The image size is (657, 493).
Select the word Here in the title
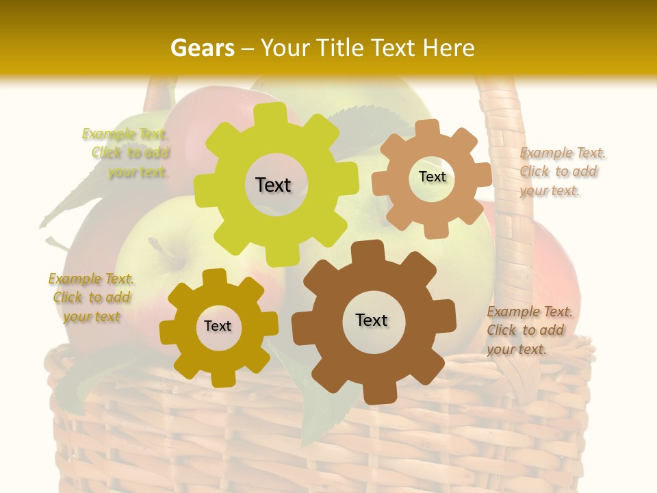tap(448, 48)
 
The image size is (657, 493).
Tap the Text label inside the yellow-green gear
tap(273, 185)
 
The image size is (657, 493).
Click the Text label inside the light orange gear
tap(432, 177)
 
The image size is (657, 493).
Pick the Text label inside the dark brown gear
tap(372, 320)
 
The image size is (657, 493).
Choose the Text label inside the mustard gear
tap(218, 327)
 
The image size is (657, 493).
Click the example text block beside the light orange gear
tap(561, 172)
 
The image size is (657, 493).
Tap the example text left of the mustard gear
tap(92, 298)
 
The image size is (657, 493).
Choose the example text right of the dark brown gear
tap(528, 330)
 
